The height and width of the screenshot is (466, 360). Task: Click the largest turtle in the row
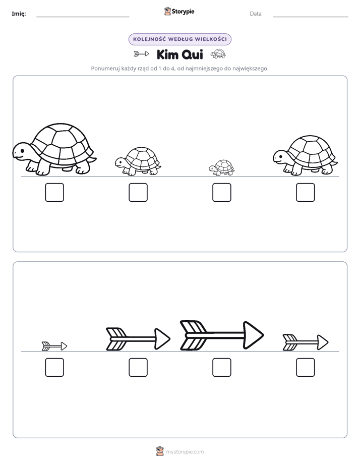point(54,149)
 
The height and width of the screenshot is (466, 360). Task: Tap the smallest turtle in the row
point(221,168)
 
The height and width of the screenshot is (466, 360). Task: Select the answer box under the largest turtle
point(54,192)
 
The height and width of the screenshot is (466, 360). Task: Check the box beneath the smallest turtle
point(221,192)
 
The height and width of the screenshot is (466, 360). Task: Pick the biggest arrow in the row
point(221,335)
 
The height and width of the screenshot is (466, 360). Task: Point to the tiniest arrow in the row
point(54,346)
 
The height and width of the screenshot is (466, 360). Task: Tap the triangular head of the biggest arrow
point(253,335)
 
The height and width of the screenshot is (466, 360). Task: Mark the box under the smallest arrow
point(54,367)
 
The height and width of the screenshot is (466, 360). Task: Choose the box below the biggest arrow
point(221,367)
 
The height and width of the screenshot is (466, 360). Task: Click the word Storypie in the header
point(183,12)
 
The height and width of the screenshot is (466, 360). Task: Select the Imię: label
point(19,14)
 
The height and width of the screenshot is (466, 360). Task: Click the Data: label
point(256,14)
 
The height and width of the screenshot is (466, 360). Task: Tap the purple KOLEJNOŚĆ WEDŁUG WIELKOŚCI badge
point(179,39)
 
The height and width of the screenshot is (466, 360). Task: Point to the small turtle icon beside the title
point(218,54)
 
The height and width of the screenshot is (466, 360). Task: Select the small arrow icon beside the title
point(141,54)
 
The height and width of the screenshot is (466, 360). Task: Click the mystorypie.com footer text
point(185,452)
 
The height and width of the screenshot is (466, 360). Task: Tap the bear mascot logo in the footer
point(160,451)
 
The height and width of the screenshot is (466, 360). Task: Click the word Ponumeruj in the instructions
point(105,69)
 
